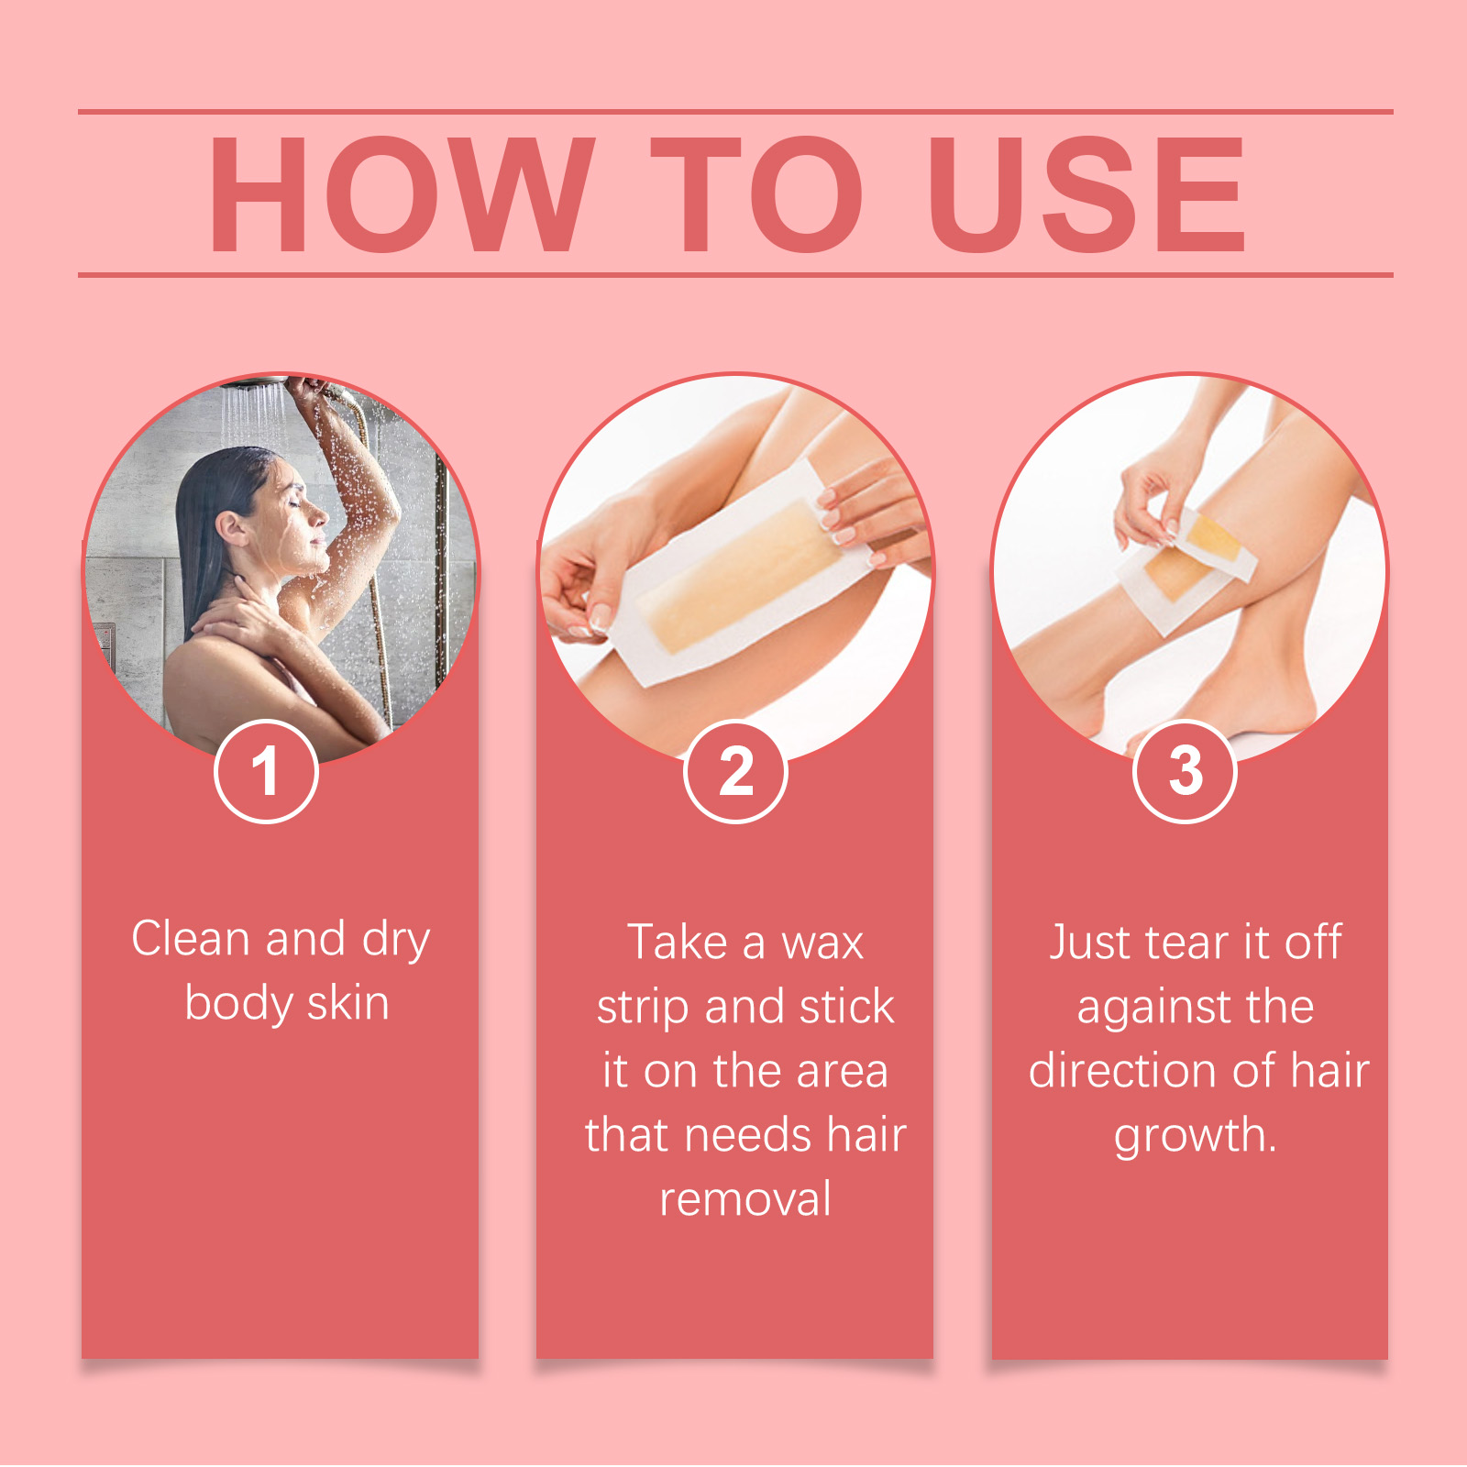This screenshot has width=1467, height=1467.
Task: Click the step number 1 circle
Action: (x=266, y=771)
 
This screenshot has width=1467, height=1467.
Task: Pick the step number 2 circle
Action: (x=735, y=771)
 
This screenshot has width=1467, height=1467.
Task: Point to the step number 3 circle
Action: (x=1185, y=771)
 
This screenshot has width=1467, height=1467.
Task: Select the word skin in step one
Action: (x=347, y=1003)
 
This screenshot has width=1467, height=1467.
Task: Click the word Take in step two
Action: (x=677, y=943)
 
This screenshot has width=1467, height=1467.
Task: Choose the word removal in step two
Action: (x=745, y=1199)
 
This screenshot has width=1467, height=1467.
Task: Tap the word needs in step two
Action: (x=748, y=1135)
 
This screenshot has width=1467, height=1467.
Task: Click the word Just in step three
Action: (x=1090, y=943)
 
